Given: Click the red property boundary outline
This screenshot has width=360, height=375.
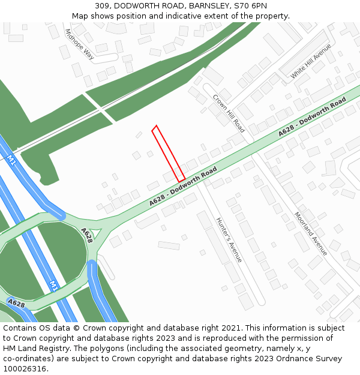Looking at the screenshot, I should coord(168,154).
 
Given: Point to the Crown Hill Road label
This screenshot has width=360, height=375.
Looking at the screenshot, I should coord(229,113).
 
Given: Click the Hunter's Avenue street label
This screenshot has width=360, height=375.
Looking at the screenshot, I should coord(229,239).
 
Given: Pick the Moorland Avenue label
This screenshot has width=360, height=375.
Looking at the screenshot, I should coord(311,232).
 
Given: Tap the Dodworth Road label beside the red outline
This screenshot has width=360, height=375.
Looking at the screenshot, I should coord(183,188).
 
